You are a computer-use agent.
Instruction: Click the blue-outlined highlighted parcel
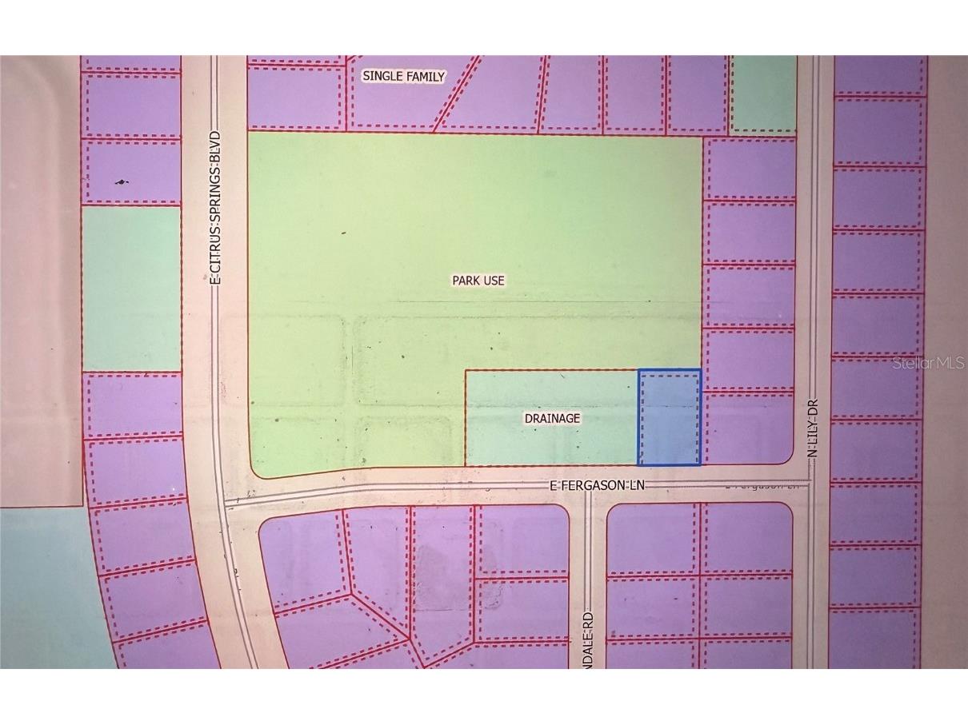(669, 416)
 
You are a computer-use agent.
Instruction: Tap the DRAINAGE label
(551, 418)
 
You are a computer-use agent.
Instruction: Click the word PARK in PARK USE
(466, 281)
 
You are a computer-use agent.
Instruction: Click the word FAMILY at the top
(428, 76)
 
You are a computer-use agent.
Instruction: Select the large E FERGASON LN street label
(596, 485)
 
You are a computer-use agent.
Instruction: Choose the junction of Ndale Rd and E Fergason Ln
(589, 489)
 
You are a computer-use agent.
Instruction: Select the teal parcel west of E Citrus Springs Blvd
(131, 288)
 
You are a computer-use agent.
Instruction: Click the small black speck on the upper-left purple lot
(122, 182)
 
